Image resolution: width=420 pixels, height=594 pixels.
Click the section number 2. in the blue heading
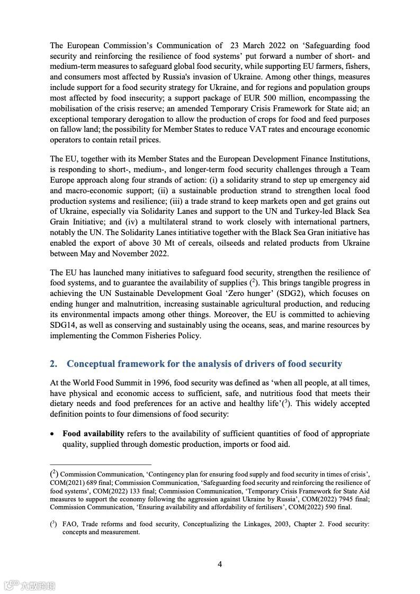pyautogui.click(x=53, y=364)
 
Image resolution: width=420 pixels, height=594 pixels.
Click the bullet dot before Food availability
pyautogui.click(x=52, y=434)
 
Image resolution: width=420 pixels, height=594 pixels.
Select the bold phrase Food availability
pyautogui.click(x=93, y=434)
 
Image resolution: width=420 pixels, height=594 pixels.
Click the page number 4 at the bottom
pyautogui.click(x=220, y=564)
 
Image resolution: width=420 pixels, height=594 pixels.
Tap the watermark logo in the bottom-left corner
pyautogui.click(x=30, y=585)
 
